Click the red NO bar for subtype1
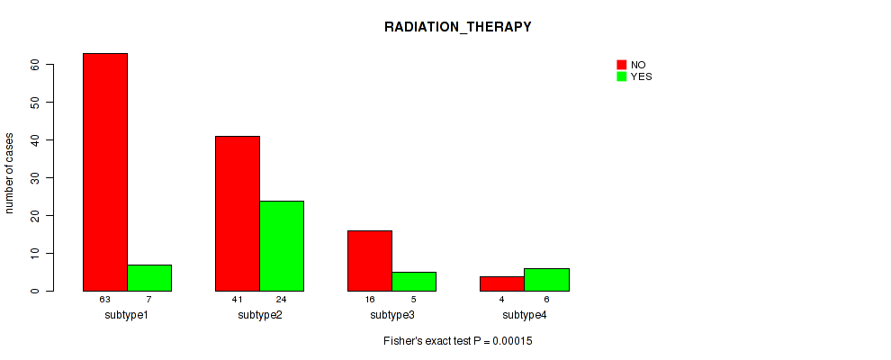pyautogui.click(x=105, y=172)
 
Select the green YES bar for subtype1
pyautogui.click(x=149, y=278)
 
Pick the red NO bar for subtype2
pyautogui.click(x=238, y=213)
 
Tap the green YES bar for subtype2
pyautogui.click(x=282, y=246)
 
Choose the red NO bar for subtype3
pyautogui.click(x=370, y=261)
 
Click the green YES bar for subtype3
pyautogui.click(x=414, y=282)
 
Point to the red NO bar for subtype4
pyautogui.click(x=502, y=283)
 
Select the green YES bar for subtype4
pyautogui.click(x=546, y=280)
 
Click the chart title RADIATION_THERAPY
pyautogui.click(x=458, y=27)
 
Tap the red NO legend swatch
pyautogui.click(x=622, y=65)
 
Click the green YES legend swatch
pyautogui.click(x=622, y=76)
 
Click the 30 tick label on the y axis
pyautogui.click(x=36, y=177)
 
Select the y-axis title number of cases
pyautogui.click(x=9, y=173)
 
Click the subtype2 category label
pyautogui.click(x=260, y=315)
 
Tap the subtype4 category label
pyautogui.click(x=525, y=315)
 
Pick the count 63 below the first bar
pyautogui.click(x=105, y=299)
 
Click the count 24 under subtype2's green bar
pyautogui.click(x=282, y=299)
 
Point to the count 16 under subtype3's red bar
pyautogui.click(x=370, y=299)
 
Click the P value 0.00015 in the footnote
pyautogui.click(x=513, y=341)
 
